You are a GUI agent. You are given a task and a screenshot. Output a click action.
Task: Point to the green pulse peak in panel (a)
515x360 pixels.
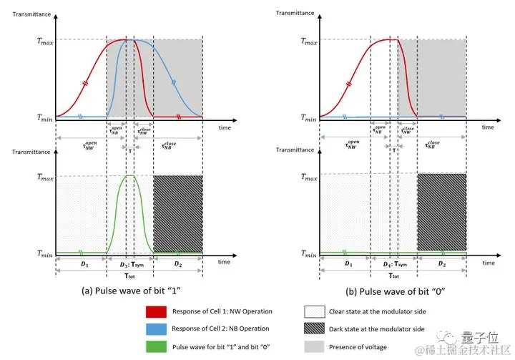pyautogui.click(x=129, y=176)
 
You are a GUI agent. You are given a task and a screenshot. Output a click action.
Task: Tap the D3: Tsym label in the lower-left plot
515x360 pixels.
pyautogui.click(x=129, y=264)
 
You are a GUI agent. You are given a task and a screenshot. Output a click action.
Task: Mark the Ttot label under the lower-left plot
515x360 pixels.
pyautogui.click(x=129, y=274)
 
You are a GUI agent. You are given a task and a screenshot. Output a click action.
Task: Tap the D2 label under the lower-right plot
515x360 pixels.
pyautogui.click(x=442, y=264)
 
